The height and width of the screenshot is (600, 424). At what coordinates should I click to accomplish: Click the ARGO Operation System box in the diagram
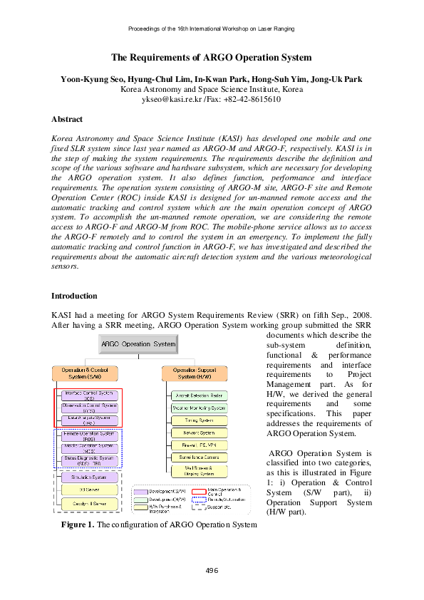tap(138, 344)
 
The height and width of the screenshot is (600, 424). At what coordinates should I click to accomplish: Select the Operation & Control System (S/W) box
tap(85, 373)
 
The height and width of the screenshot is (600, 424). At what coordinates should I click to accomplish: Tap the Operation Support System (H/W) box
tap(195, 373)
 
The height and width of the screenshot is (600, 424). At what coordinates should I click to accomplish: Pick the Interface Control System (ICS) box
tap(89, 395)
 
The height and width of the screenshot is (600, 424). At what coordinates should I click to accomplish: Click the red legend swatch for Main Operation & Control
tap(198, 490)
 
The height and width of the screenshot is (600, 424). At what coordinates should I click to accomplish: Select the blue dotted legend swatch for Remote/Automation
tap(198, 499)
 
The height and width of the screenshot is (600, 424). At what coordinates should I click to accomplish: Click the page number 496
tap(212, 570)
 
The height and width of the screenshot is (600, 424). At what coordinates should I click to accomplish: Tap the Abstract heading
tap(67, 119)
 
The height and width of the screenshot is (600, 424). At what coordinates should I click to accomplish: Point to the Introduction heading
tap(74, 295)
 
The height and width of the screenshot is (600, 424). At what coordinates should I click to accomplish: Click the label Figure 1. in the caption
tap(77, 525)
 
